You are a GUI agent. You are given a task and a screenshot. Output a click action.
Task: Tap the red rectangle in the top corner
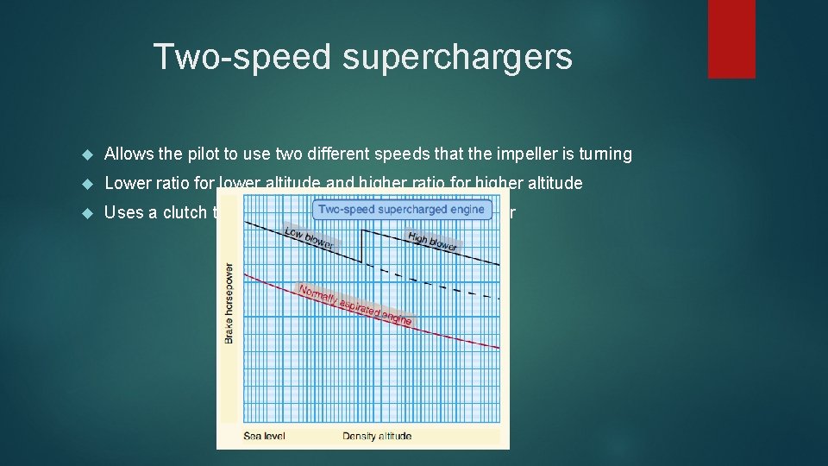tap(731, 39)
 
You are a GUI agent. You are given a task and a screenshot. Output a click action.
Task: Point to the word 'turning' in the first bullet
tap(606, 154)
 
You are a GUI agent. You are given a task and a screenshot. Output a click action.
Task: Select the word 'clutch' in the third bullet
tap(185, 212)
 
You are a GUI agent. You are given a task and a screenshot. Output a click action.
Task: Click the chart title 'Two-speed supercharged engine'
tap(402, 209)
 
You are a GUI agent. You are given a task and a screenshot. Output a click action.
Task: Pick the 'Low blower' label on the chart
tap(308, 237)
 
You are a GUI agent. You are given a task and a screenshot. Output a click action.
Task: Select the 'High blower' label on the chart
tap(434, 242)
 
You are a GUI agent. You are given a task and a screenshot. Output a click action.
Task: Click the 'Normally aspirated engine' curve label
tap(354, 305)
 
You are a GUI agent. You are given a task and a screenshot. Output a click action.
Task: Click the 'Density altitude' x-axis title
tap(377, 436)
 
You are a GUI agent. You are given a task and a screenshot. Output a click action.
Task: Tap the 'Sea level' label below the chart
tap(265, 436)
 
